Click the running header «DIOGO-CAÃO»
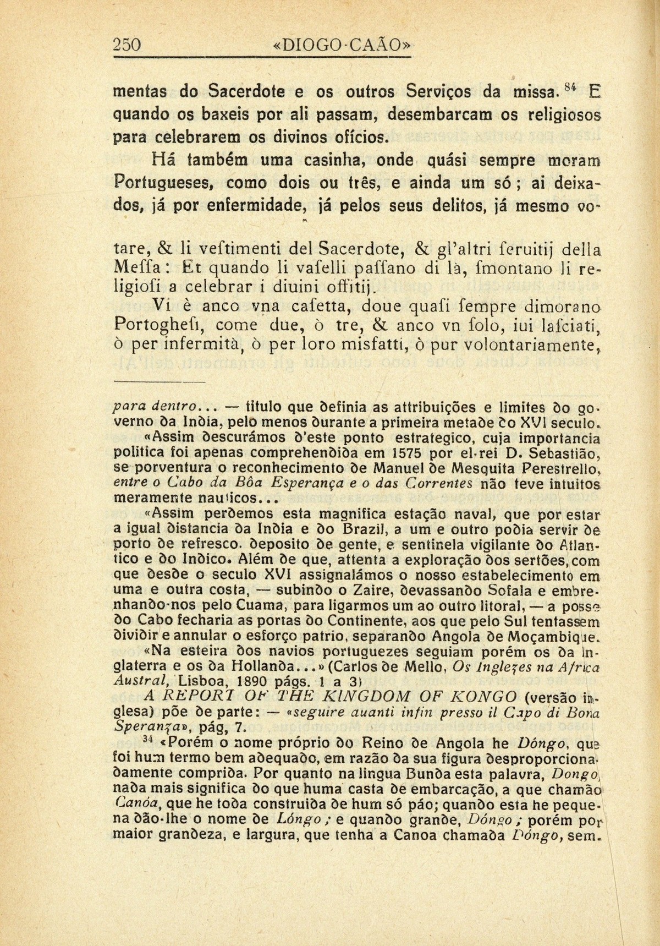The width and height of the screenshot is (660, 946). click(x=342, y=45)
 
